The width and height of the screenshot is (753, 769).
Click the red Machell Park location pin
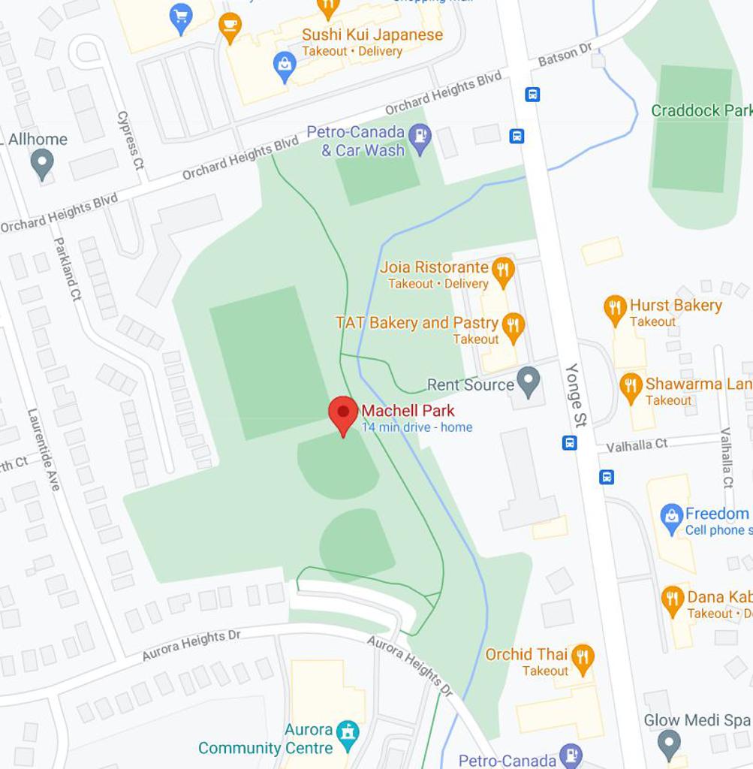point(343,413)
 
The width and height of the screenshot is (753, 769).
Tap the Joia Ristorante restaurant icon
point(502,271)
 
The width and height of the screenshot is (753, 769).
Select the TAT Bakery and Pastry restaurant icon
point(514,327)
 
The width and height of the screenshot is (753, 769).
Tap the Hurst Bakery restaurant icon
point(615,309)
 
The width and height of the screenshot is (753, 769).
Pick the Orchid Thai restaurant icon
point(582,657)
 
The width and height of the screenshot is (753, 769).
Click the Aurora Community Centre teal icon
point(348,734)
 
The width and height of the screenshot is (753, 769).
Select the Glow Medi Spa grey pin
point(668,743)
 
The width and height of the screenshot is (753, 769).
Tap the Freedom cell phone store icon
point(671,518)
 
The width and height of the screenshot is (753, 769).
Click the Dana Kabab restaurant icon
point(673,600)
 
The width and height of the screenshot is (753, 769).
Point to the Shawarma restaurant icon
point(631,387)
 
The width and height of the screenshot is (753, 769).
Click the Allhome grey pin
point(42,162)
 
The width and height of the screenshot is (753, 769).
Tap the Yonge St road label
point(576,395)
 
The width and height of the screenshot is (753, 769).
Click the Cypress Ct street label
point(130,140)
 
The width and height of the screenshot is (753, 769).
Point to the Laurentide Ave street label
point(44,449)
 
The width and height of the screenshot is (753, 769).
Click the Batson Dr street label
point(565,55)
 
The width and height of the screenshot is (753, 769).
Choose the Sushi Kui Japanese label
point(372,35)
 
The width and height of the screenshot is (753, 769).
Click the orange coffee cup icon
point(230,26)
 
